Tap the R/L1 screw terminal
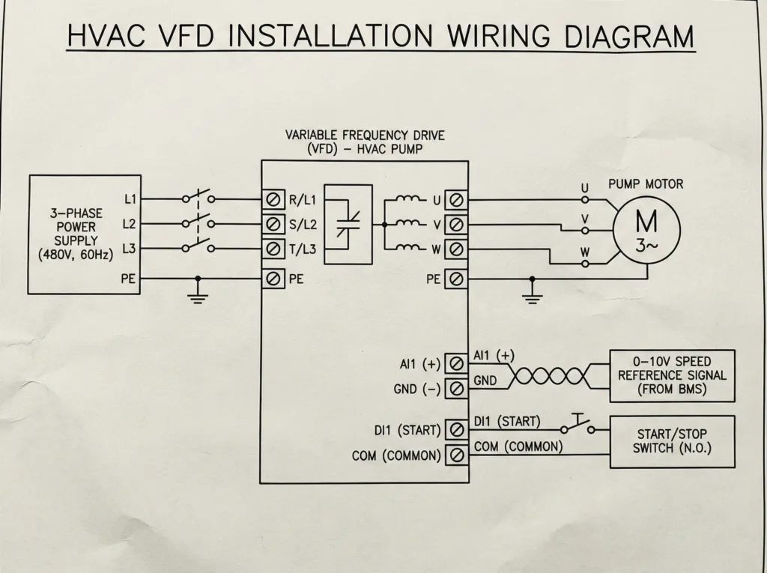273,199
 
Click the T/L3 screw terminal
273,249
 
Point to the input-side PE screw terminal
273,279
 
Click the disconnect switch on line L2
198,223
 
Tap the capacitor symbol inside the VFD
347,223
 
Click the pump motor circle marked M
646,231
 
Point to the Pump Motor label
646,184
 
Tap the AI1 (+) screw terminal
455,364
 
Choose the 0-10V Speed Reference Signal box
672,374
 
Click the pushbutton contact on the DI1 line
577,428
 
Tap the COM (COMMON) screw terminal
455,455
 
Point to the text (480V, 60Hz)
76,255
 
